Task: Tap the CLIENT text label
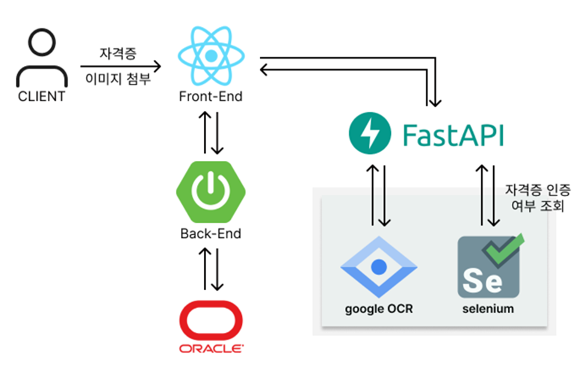(41, 97)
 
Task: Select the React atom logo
(211, 56)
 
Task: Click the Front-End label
(210, 97)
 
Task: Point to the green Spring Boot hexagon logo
(211, 192)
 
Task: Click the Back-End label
(210, 234)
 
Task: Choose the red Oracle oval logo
(211, 320)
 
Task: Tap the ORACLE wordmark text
(211, 348)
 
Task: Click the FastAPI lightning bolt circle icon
(370, 133)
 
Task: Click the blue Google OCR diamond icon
(379, 267)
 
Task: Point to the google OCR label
(379, 309)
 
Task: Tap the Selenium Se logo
(488, 267)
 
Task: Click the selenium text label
(488, 309)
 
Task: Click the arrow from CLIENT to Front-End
(120, 66)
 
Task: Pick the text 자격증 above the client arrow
(118, 53)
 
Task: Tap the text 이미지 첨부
(118, 79)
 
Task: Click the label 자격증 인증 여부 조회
(538, 198)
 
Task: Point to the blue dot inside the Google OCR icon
(379, 267)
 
